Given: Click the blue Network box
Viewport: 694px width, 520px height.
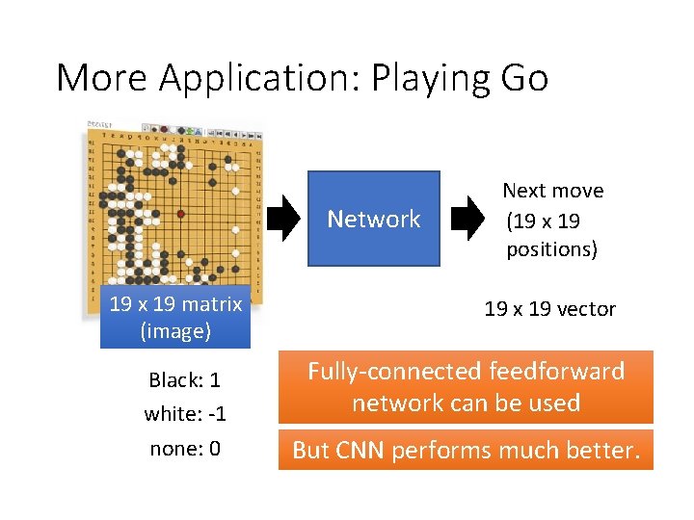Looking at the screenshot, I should click(x=373, y=219).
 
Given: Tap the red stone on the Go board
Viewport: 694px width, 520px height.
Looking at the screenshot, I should click(x=179, y=214).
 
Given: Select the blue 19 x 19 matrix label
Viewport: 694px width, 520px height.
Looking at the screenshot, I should click(x=175, y=317).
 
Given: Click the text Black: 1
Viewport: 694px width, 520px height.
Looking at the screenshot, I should click(x=185, y=379).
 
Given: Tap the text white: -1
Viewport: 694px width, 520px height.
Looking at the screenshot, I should click(x=185, y=414).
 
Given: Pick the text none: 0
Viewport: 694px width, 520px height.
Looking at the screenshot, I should click(x=185, y=449).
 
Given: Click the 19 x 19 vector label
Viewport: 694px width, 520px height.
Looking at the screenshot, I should click(x=549, y=308).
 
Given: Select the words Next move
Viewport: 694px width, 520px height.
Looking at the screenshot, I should click(x=553, y=191).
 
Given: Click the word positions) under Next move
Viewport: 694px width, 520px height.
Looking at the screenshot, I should click(x=552, y=249).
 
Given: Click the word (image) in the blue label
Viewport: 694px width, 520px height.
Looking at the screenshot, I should click(x=175, y=331).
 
